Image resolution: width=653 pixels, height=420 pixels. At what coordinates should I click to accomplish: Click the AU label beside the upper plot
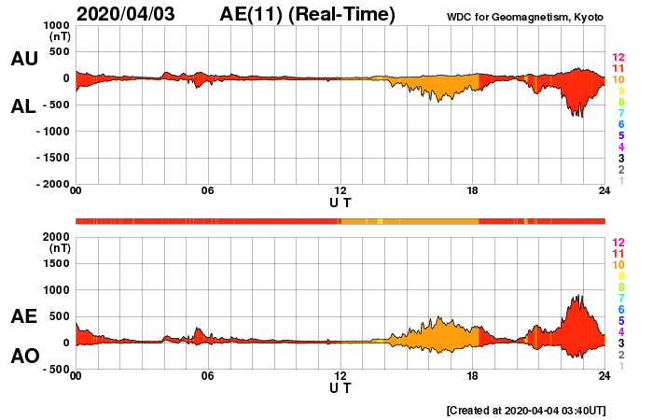coord(24,59)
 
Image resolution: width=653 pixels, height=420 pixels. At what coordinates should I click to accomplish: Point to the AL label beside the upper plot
coord(24,106)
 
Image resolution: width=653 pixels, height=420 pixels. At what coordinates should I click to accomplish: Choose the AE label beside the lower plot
coord(24,316)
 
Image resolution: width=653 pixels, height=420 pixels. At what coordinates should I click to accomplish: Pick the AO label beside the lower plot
coord(24,356)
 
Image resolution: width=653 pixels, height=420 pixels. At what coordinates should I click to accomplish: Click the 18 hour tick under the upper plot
coord(473,191)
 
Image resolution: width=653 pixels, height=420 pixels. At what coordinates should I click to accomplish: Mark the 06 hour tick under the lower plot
coord(208,375)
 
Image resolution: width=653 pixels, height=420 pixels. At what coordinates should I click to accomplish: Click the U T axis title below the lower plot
coord(340,387)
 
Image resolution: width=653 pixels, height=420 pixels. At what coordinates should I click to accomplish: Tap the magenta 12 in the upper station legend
coord(618,58)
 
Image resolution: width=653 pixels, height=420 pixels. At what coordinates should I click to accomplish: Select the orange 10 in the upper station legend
coord(618,80)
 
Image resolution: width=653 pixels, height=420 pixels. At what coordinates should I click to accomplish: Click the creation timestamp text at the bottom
coord(527,410)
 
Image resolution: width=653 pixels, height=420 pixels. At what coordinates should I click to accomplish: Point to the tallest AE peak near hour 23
coord(578,296)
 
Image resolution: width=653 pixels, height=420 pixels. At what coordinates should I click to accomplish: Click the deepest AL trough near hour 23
coord(580,117)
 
